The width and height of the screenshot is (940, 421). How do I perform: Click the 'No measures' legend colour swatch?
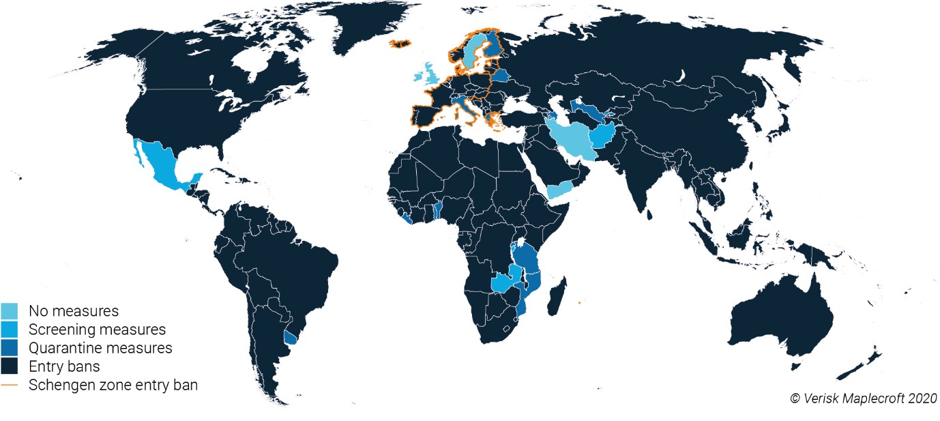coord(10,311)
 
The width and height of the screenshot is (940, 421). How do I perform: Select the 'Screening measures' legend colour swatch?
coord(10,330)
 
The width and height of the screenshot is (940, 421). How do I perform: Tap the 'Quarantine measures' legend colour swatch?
coord(10,348)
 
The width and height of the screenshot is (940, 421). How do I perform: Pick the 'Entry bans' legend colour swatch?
coord(10,366)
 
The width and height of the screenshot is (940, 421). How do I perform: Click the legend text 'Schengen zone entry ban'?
coord(113,385)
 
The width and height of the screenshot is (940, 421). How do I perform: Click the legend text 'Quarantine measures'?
coord(100,348)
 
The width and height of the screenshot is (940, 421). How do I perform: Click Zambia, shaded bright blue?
coord(505,281)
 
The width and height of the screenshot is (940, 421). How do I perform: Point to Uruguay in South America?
coord(291,337)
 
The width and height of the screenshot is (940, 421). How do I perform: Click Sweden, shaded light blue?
coord(471,51)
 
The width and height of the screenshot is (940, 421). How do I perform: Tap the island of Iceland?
coord(401,43)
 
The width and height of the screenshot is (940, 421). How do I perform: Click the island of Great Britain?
coord(432,74)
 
